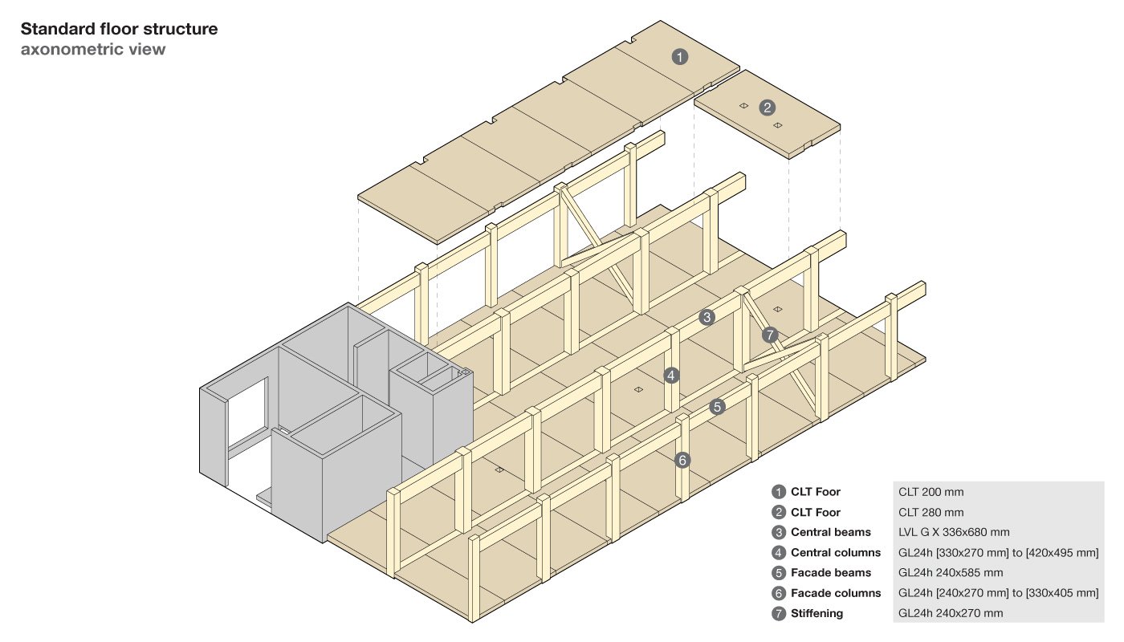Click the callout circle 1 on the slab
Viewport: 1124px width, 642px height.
(680, 57)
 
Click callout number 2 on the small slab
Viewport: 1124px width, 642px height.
(768, 107)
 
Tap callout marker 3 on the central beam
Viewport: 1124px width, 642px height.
(707, 317)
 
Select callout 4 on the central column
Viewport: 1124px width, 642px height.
(671, 374)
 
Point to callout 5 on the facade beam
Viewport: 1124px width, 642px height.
(718, 407)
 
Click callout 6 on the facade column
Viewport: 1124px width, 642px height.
(682, 460)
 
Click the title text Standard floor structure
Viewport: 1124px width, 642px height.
(119, 30)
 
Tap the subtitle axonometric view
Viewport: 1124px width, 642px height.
(93, 50)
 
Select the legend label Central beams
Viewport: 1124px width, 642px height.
(826, 532)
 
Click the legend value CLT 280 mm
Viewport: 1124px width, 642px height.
(931, 512)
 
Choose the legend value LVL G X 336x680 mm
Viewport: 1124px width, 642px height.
(953, 532)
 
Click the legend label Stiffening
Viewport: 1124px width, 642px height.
(817, 614)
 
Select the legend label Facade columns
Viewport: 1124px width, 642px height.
(835, 593)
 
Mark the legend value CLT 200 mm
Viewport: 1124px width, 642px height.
(931, 492)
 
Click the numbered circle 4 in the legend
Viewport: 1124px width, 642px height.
(778, 553)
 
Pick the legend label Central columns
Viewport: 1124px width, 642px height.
(834, 553)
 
